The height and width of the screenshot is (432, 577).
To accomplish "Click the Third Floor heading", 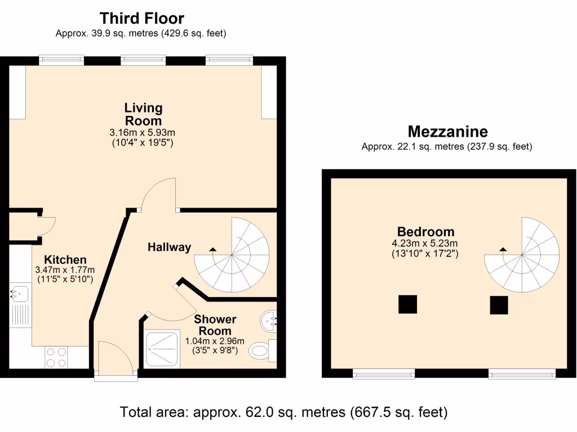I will coord(141,19).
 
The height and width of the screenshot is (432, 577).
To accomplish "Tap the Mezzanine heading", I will coord(447,132).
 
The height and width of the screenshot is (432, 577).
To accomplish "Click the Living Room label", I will coord(143,114).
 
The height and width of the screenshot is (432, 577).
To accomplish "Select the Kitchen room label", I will coord(65,260).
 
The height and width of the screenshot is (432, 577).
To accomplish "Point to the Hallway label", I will coord(169,247).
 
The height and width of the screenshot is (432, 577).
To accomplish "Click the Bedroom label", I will coord(425,232).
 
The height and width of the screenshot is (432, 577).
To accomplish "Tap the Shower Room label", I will coord(215,325).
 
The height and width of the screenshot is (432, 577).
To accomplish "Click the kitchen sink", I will coord(20,293).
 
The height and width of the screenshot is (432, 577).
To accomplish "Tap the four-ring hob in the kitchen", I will coord(56,357).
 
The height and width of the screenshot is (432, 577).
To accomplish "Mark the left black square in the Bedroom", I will coord(407,304).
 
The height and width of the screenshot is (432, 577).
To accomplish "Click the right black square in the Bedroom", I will coord(499,305).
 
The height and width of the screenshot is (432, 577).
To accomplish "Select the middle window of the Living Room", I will coord(143,58).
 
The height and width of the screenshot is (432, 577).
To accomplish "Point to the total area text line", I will coord(284,412).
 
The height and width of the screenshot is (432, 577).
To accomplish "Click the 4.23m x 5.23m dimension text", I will coord(425,244).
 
